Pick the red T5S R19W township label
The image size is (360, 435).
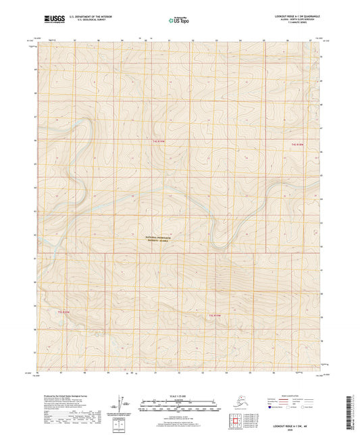tap(215, 315)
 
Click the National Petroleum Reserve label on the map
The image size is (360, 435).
tap(159, 240)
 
